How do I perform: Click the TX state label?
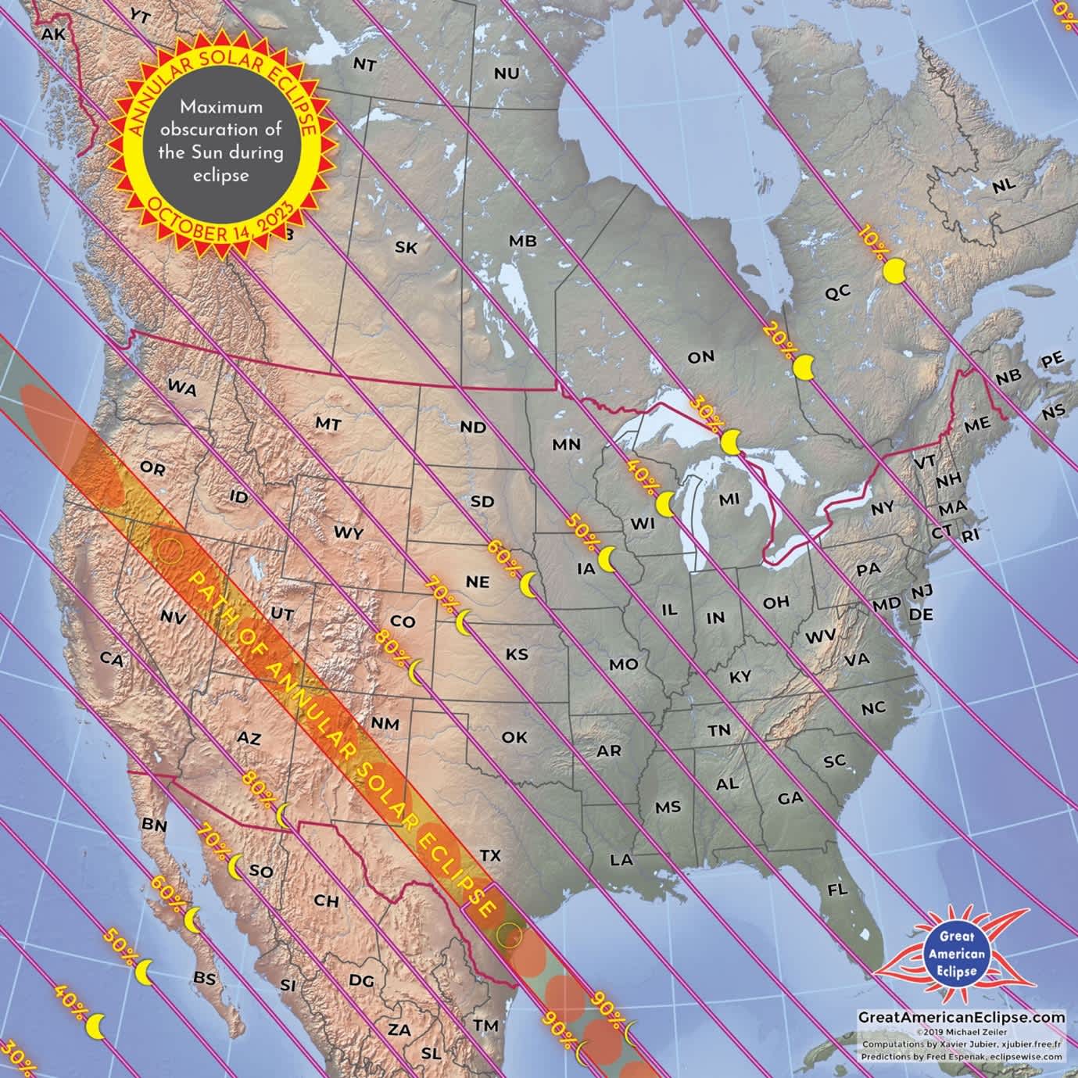pyautogui.click(x=490, y=855)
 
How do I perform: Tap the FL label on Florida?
pyautogui.click(x=837, y=890)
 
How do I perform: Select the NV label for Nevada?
pyautogui.click(x=172, y=617)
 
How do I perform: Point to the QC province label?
pyautogui.click(x=837, y=293)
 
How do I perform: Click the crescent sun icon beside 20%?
pyautogui.click(x=804, y=367)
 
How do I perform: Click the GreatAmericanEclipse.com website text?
pyautogui.click(x=962, y=1017)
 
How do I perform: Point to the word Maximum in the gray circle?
pyautogui.click(x=221, y=107)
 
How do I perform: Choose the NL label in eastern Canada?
pyautogui.click(x=1004, y=186)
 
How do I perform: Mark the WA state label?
pyautogui.click(x=181, y=388)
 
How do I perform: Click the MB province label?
pyautogui.click(x=523, y=241)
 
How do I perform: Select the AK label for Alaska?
pyautogui.click(x=53, y=34)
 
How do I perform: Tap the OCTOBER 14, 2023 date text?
pyautogui.click(x=220, y=226)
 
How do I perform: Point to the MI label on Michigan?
pyautogui.click(x=729, y=499)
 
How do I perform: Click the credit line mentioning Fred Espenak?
pyautogui.click(x=962, y=1056)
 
